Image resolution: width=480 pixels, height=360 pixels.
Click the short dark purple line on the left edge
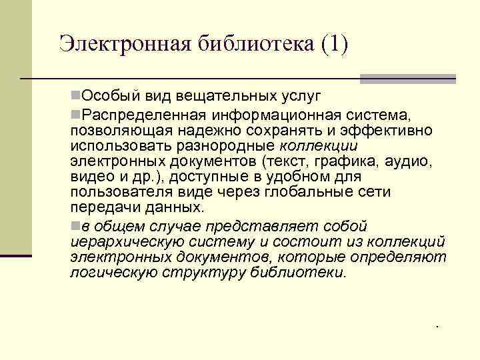tap(16, 255)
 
